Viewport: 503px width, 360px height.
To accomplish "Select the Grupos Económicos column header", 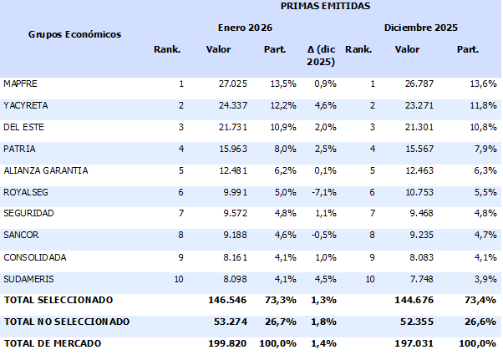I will pos(75,34).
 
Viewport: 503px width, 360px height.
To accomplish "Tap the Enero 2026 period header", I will pos(246,28).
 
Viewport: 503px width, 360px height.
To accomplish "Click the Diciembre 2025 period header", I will pos(421,28).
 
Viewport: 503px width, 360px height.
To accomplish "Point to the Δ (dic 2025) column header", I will pos(321,56).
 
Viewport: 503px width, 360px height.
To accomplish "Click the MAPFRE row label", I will pos(21,84).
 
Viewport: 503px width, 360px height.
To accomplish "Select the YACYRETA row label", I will pos(25,106).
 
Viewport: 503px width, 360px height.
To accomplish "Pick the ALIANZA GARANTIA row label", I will pos(46,170).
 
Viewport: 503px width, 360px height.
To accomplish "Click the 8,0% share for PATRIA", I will pos(275,149).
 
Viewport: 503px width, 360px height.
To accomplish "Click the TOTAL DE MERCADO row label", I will pos(52,343).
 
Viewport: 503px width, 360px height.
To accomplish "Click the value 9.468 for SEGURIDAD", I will pos(409,214).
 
